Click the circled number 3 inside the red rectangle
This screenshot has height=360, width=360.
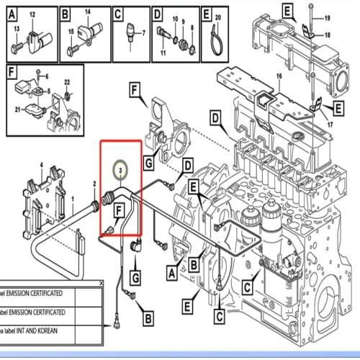(x=121, y=167)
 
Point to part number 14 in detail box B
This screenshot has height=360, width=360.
(x=88, y=14)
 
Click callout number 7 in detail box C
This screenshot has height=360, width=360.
(x=143, y=33)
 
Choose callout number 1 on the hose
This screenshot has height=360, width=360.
(x=71, y=198)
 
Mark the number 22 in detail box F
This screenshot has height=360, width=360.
(x=66, y=82)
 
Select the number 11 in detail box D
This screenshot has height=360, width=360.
(x=163, y=54)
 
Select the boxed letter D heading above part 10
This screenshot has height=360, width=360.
(x=157, y=13)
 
